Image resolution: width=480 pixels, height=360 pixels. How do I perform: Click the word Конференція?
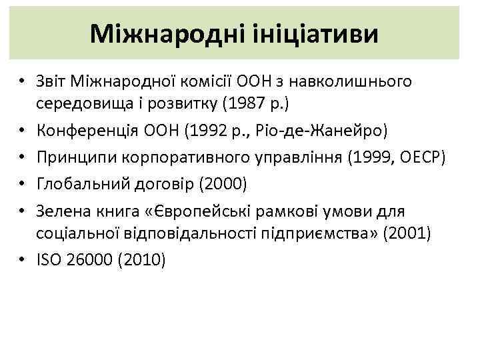pos(83,129)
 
